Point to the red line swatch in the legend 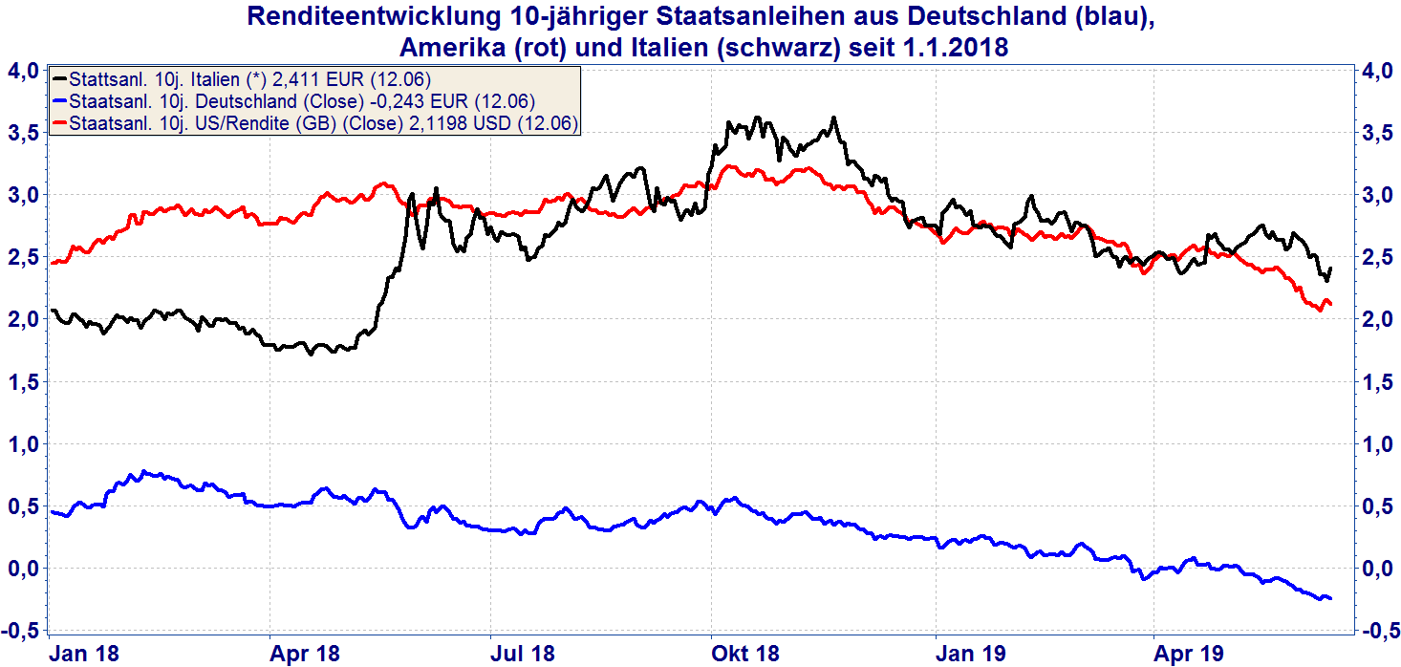click(61, 122)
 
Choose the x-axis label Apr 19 click(1190, 654)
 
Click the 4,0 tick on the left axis click(22, 71)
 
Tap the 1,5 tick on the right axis click(1377, 382)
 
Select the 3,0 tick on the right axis click(1377, 195)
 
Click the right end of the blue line click(1330, 598)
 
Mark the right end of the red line click(1330, 304)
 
